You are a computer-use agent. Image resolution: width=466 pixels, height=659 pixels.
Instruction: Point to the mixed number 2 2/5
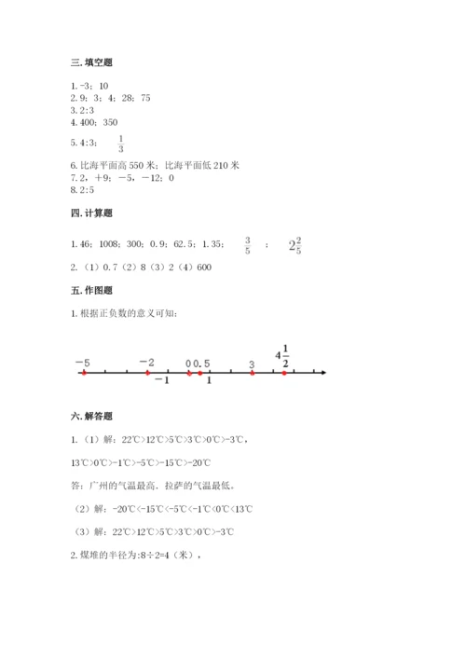[295, 246]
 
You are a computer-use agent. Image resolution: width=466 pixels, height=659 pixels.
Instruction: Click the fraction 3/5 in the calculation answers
[248, 246]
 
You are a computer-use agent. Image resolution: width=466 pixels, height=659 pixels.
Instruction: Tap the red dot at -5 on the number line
[83, 373]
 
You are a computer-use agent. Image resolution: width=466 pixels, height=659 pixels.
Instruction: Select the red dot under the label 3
[253, 373]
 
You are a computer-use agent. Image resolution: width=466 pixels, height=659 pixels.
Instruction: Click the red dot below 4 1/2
[284, 373]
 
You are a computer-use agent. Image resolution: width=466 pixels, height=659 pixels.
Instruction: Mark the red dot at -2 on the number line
[147, 373]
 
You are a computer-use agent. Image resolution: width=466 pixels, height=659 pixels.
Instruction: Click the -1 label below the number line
[161, 382]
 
